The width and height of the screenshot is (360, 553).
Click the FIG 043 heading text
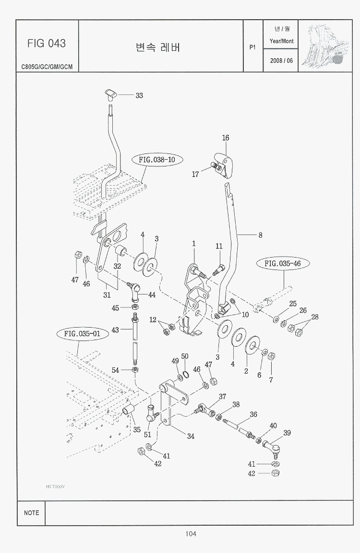tap(47, 44)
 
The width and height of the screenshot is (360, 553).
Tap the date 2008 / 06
tap(281, 61)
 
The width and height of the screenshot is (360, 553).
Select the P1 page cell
tap(253, 47)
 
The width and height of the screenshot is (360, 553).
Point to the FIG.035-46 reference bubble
tap(283, 263)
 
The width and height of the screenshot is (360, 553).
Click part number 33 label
tap(139, 95)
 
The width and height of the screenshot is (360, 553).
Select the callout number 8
tap(260, 235)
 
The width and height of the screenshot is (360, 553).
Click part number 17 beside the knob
tap(195, 175)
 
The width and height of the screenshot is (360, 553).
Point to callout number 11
tap(219, 246)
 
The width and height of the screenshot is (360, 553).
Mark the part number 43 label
tap(115, 330)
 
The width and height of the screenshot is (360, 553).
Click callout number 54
tap(115, 370)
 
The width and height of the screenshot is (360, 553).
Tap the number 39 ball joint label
tap(287, 433)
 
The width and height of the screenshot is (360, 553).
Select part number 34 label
tap(191, 436)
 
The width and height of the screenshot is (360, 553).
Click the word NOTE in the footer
tap(32, 513)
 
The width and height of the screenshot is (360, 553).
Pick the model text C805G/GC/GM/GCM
tap(47, 67)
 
